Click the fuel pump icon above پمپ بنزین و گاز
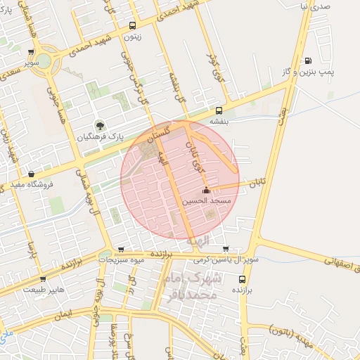pyautogui.click(x=308, y=61)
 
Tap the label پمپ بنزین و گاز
pyautogui.click(x=327, y=72)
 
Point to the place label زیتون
pyautogui.click(x=131, y=37)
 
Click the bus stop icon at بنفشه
pyautogui.click(x=219, y=110)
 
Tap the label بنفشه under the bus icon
pyautogui.click(x=220, y=121)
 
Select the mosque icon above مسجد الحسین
pyautogui.click(x=206, y=191)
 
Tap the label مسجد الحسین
pyautogui.click(x=206, y=201)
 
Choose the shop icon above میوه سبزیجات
pyautogui.click(x=121, y=249)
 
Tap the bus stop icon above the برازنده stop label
pyautogui.click(x=242, y=278)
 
